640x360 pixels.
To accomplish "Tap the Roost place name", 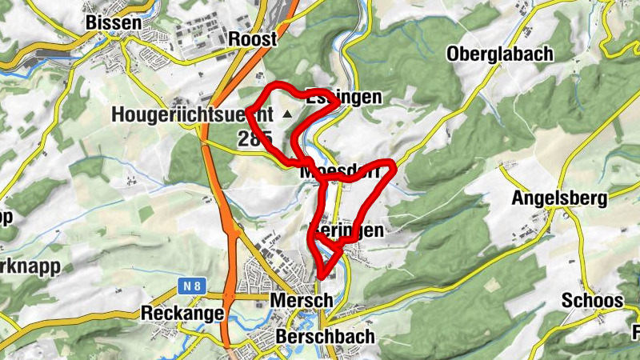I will (252, 38).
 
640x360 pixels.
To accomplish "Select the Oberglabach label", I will (500, 54).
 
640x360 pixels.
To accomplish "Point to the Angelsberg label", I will (561, 198).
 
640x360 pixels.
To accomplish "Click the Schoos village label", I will (592, 301).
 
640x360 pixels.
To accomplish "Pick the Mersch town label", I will (302, 300).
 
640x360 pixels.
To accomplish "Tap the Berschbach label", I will (324, 336).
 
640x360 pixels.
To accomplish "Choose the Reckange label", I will (182, 313).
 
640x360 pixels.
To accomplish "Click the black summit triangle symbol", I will (287, 115).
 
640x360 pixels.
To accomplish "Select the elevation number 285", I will (254, 138).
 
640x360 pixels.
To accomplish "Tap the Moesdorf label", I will (338, 172).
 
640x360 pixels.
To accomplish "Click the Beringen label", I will (350, 230).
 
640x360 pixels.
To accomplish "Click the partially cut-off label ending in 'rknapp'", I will (27, 267).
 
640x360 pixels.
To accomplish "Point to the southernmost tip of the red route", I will (320, 277).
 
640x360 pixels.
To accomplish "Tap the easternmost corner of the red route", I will (394, 166).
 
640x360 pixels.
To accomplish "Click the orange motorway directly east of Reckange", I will (230, 313).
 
